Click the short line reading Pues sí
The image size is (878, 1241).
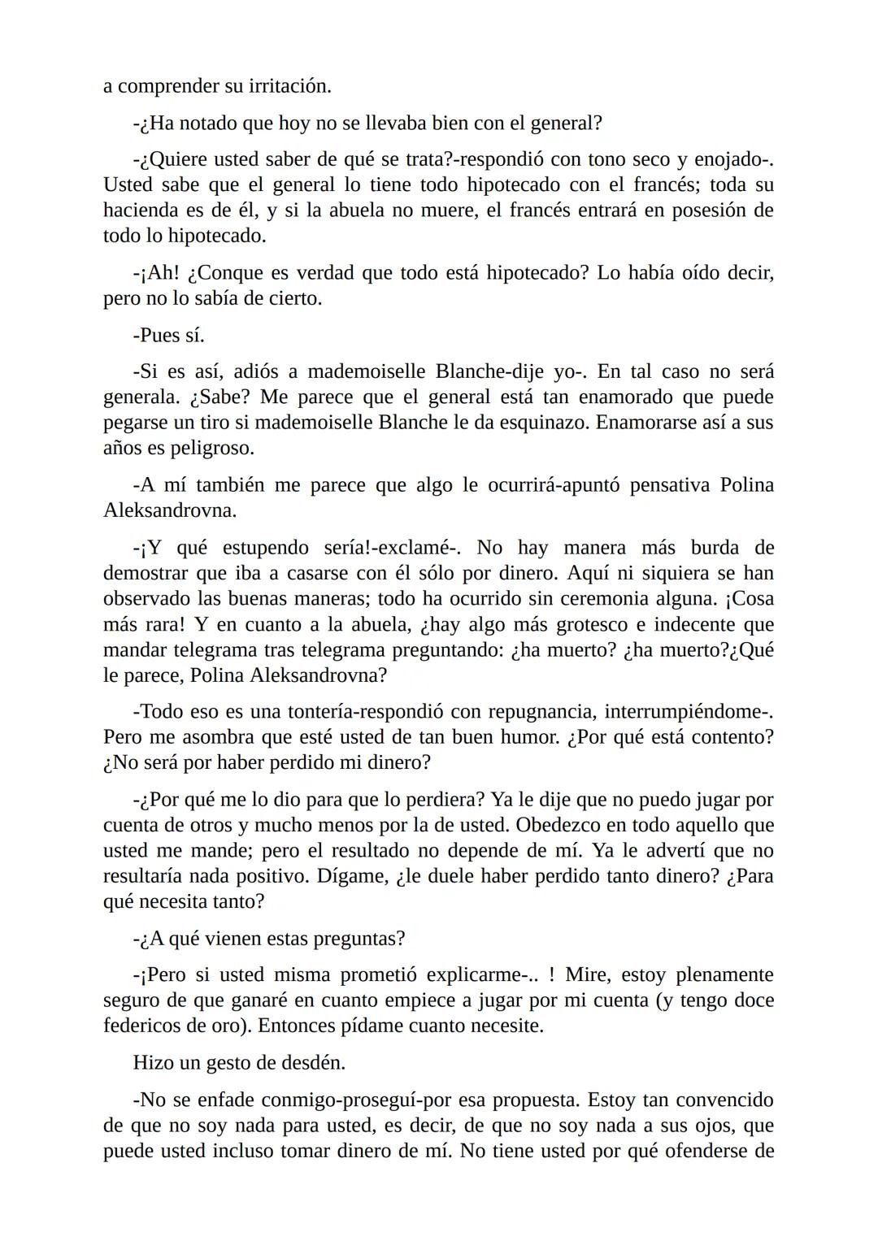point(169,336)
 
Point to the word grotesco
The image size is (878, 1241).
point(587,625)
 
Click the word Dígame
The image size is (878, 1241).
point(352,877)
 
